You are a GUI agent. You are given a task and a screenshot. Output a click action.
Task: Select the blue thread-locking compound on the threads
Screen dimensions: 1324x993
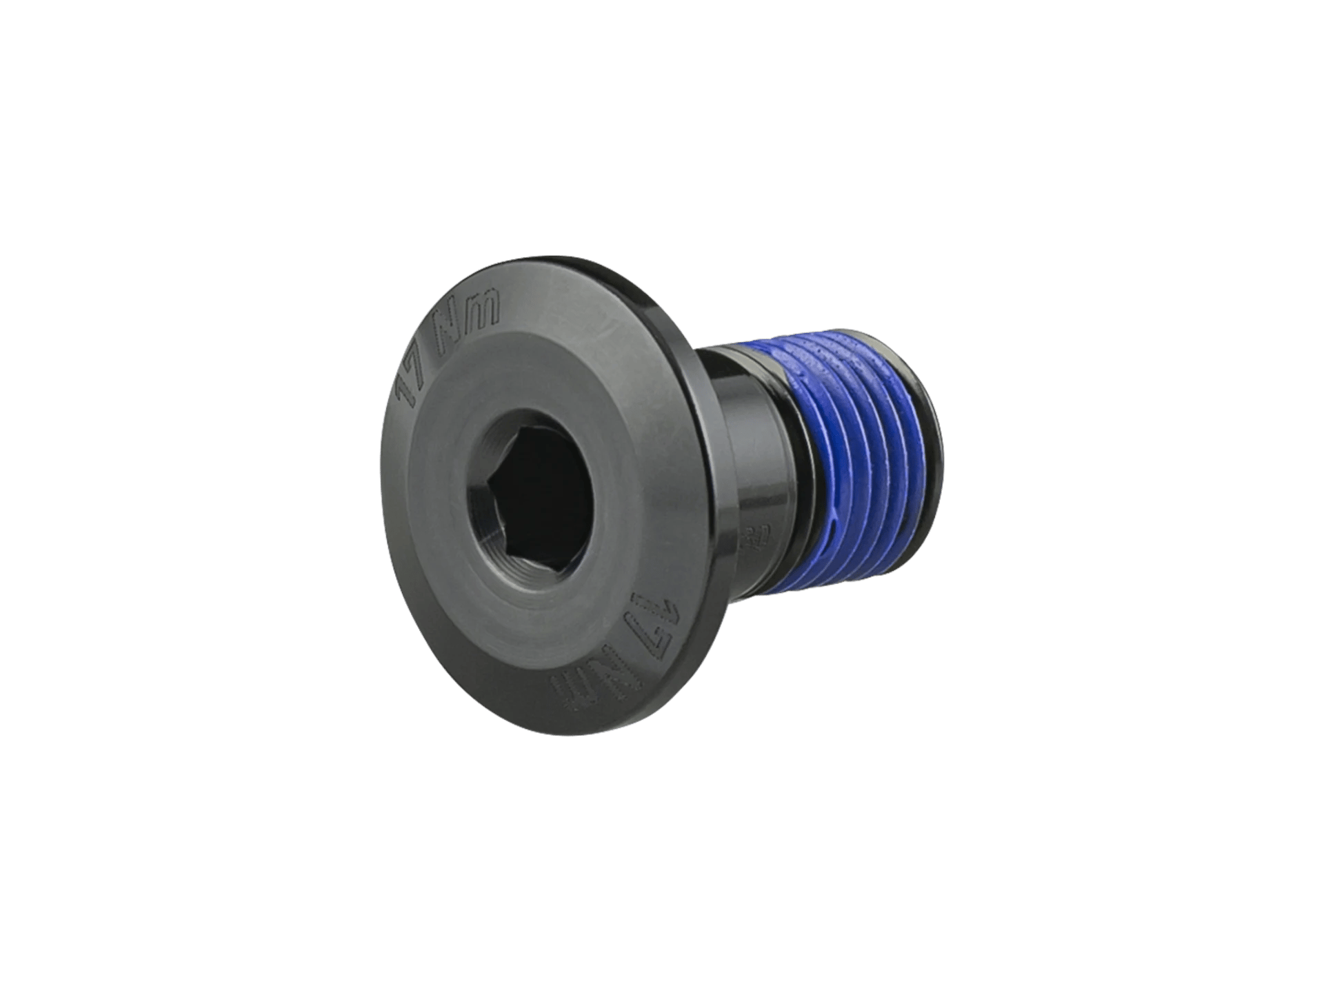point(855,448)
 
